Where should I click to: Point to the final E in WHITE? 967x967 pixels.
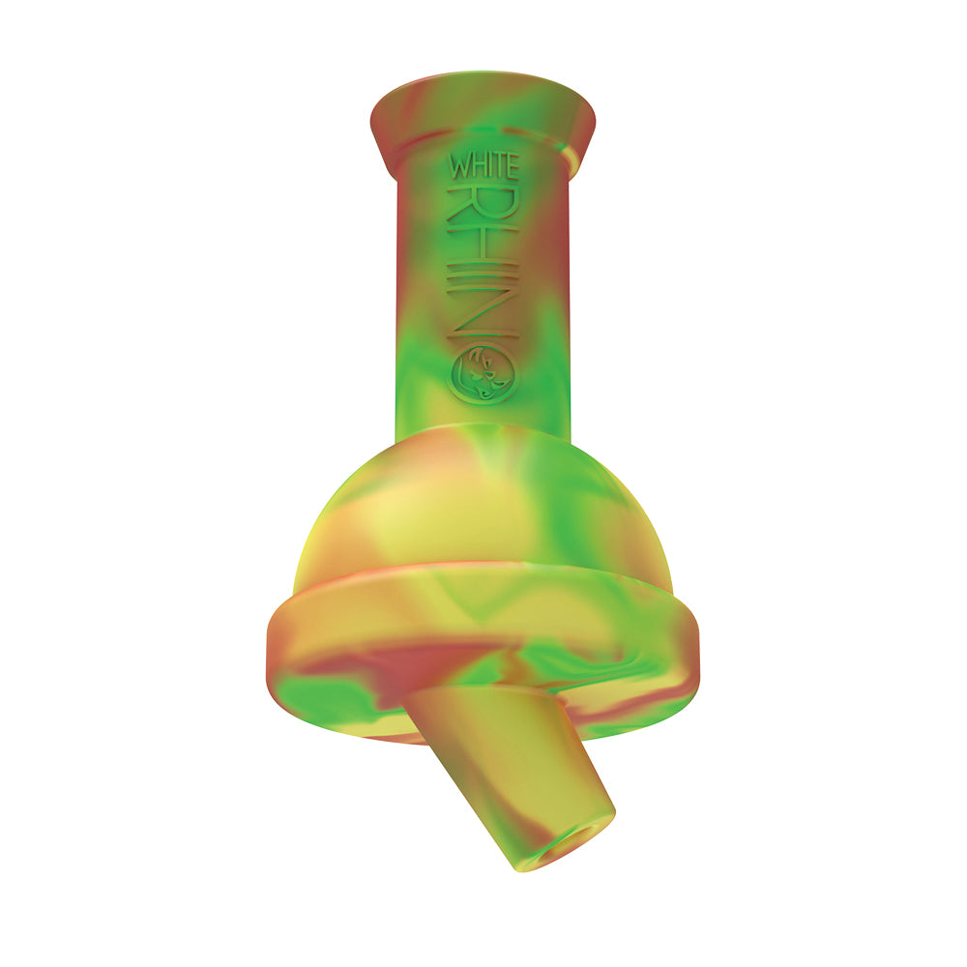pos(512,166)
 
